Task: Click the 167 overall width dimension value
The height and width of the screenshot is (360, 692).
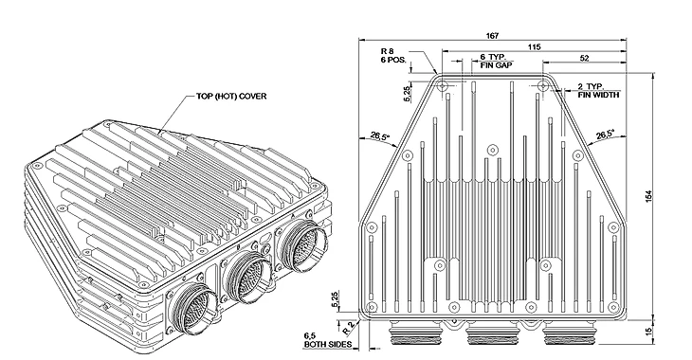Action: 493,36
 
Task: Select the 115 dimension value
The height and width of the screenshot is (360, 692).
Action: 534,46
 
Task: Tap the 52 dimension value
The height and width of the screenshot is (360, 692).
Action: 584,58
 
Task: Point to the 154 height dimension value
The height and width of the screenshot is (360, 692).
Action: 648,196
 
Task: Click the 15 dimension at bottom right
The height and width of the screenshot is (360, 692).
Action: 648,331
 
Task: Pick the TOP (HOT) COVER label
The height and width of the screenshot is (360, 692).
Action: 231,97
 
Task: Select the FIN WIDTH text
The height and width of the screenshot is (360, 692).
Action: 599,95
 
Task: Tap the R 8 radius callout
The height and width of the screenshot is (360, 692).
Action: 387,51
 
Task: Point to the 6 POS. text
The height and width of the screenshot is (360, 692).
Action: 393,59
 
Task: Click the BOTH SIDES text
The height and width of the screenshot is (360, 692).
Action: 328,344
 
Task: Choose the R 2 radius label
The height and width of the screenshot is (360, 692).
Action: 349,328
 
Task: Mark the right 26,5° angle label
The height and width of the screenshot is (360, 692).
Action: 604,135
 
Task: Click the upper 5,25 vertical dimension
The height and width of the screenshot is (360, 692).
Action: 407,94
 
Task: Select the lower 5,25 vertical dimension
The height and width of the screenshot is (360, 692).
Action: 336,299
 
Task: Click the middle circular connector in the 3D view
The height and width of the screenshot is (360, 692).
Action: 247,279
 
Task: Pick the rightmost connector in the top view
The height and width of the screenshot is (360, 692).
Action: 570,334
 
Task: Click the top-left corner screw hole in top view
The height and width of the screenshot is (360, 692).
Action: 443,86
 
